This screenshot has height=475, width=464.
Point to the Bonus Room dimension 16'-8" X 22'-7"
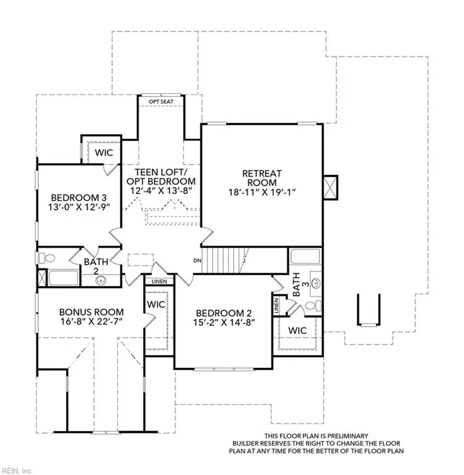coord(91,322)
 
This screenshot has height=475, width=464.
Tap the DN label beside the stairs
coord(198,260)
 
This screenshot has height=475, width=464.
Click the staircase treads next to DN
coord(224,259)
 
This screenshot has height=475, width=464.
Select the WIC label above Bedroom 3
coord(103,152)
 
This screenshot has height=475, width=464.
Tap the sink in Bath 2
coord(101,280)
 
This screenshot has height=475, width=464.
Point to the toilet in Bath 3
coord(316,306)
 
